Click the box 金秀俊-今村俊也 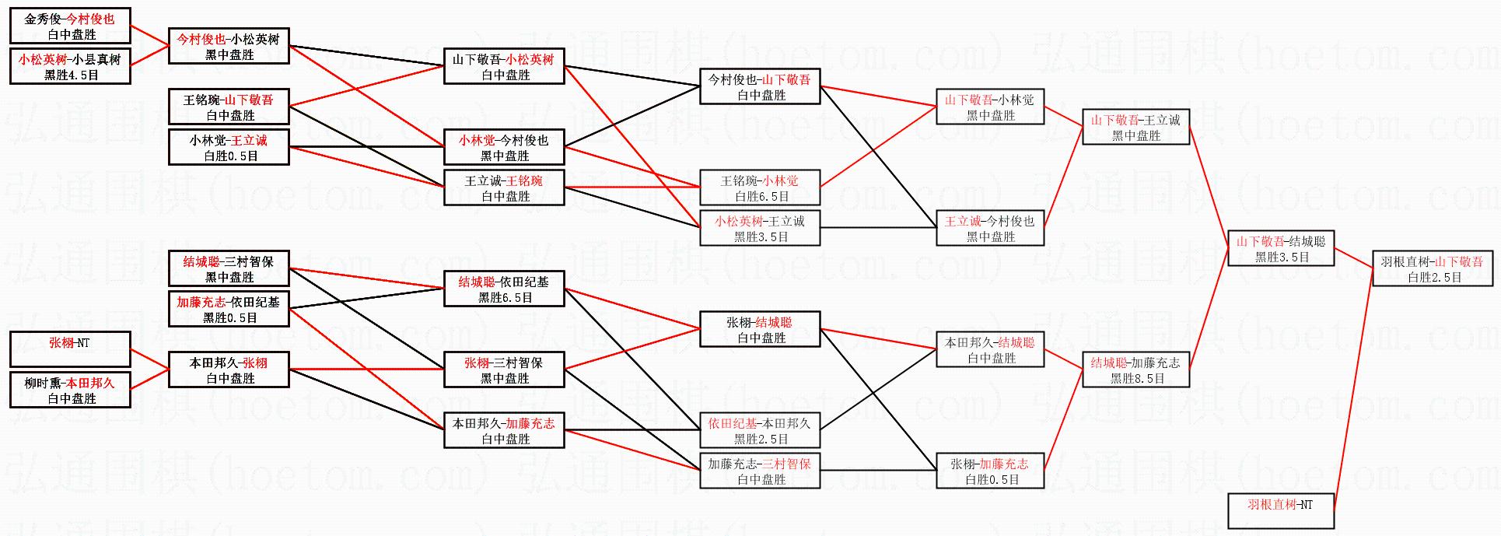[70, 26]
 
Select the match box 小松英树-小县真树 [70, 66]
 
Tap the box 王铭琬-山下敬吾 [229, 107]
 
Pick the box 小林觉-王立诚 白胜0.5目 [229, 147]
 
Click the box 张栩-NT [70, 349]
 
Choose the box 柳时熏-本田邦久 [70, 390]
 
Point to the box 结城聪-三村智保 [229, 268]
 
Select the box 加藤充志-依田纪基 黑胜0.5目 [229, 309]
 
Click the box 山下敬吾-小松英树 [504, 66]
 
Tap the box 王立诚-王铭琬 [504, 187]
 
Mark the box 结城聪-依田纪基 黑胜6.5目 [504, 289]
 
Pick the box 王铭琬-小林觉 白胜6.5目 [760, 187]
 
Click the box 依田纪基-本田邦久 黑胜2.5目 [760, 430]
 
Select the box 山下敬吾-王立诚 [1135, 127]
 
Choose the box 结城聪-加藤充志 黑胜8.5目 [1135, 370]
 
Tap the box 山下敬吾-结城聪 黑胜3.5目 [1281, 248]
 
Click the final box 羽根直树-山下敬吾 [1433, 268]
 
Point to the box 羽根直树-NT [1281, 511]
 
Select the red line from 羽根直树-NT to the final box [1355, 389]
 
